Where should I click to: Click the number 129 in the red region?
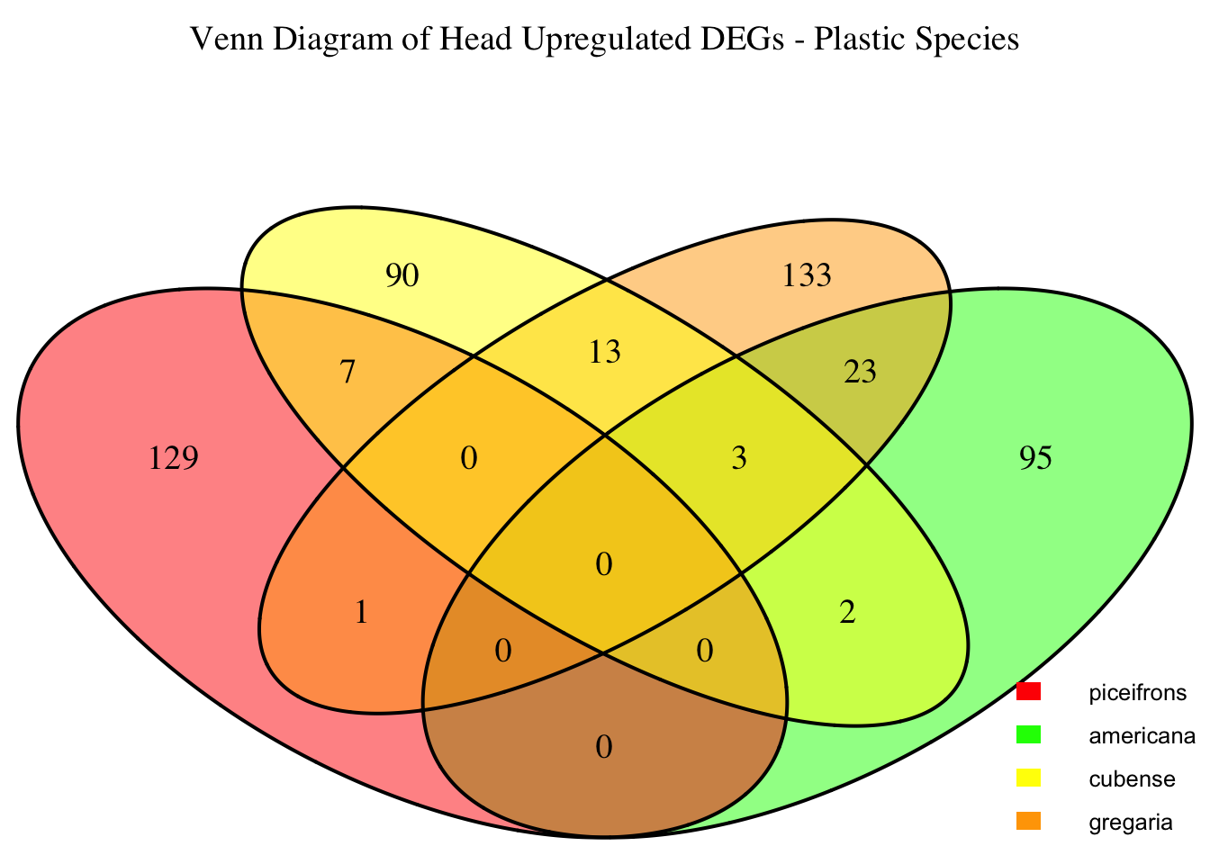172,459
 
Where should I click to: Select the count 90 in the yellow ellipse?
402,276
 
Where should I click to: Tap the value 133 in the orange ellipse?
807,276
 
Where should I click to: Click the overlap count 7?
348,372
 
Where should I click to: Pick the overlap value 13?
604,352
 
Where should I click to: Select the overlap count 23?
860,372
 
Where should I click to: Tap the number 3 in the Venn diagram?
739,459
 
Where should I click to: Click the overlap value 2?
846,613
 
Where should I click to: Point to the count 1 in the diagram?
361,613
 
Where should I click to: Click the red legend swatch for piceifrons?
1028,692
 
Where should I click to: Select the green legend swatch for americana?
1028,735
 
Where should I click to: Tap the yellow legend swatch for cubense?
1028,778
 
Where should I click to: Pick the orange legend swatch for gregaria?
1028,821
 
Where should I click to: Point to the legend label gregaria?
1131,823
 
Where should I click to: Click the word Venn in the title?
221,40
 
